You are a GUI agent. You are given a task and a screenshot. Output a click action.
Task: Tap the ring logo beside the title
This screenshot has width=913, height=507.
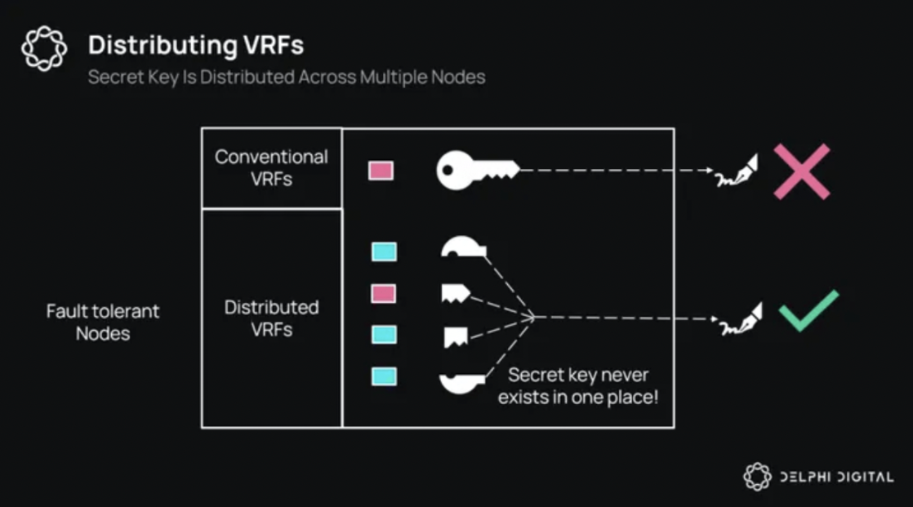(44, 48)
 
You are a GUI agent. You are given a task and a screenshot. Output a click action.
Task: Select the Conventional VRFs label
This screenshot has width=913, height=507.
(271, 167)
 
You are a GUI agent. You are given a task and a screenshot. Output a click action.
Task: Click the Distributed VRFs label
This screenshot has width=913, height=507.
(271, 318)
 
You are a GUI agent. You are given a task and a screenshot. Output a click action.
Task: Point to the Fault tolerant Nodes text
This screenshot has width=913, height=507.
(102, 322)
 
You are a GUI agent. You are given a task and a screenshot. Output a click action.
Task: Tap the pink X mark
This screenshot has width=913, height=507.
(802, 171)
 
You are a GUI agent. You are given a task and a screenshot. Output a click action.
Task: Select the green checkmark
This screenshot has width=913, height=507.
(808, 311)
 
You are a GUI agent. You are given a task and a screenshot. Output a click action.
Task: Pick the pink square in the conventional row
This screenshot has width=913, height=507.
(381, 171)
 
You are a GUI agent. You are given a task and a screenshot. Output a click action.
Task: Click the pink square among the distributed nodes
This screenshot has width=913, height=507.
(384, 293)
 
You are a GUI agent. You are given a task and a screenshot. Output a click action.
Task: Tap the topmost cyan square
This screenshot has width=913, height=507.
(385, 252)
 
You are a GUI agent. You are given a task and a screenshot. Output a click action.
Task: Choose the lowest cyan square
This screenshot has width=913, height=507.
(385, 376)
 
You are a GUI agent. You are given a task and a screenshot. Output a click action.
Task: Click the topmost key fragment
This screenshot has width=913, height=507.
(464, 247)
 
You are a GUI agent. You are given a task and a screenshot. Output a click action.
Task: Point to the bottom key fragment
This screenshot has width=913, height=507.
(461, 384)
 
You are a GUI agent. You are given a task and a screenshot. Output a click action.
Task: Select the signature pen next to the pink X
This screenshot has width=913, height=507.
(737, 171)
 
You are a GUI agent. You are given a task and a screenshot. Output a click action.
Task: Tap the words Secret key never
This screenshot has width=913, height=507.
(578, 375)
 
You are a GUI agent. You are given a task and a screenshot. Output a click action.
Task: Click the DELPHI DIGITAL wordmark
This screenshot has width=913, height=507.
(836, 478)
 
